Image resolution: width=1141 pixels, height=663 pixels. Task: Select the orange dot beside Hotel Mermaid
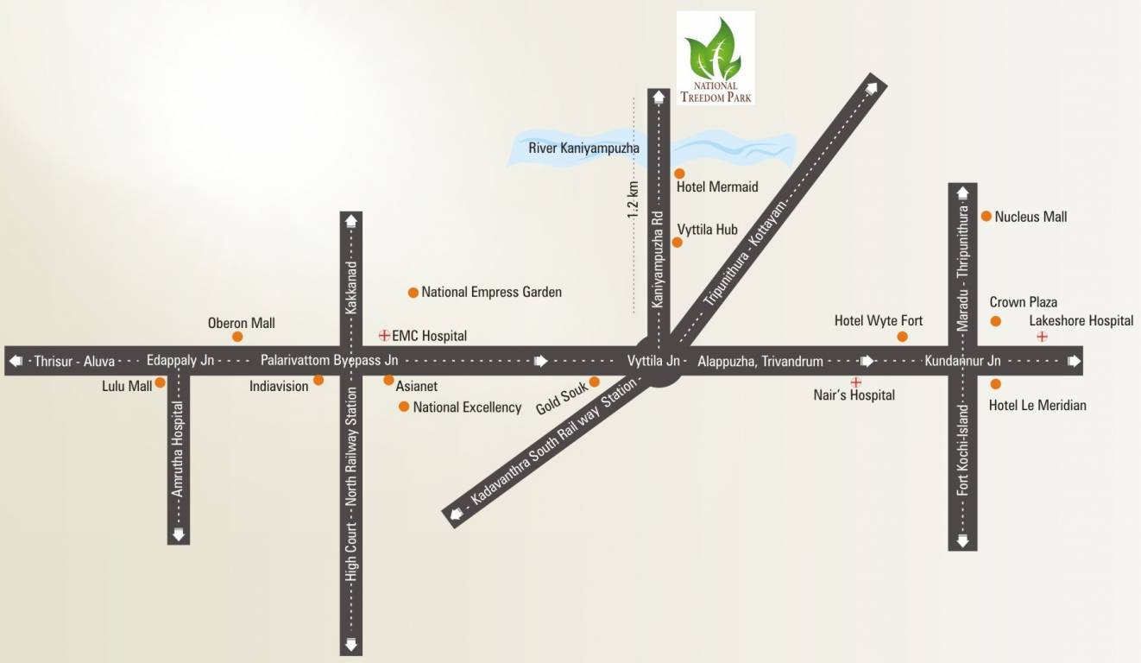tap(679, 174)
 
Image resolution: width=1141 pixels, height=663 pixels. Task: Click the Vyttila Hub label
tap(707, 230)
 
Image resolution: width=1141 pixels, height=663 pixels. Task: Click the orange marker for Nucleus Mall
tap(986, 216)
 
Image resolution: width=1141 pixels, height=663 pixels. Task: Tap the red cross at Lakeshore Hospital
tap(1042, 336)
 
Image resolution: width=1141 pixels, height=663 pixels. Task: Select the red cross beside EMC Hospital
tap(384, 334)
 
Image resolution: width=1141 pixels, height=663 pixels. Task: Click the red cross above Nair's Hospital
tap(855, 381)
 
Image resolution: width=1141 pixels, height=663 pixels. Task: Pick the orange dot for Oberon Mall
tap(237, 336)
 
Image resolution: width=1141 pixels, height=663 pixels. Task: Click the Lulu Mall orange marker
tap(161, 382)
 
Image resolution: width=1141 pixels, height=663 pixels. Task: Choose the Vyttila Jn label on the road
tap(653, 360)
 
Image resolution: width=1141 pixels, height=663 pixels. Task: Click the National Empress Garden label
tap(491, 292)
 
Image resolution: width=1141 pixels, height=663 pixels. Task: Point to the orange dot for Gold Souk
tap(594, 382)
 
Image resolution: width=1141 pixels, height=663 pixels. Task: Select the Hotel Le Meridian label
tap(1037, 405)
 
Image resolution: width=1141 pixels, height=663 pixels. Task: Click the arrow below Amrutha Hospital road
tap(179, 534)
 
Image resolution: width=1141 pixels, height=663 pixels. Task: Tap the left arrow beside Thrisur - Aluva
tap(16, 360)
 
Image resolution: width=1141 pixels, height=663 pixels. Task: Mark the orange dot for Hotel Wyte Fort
tap(903, 336)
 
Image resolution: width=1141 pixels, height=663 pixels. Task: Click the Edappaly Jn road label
tap(180, 360)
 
